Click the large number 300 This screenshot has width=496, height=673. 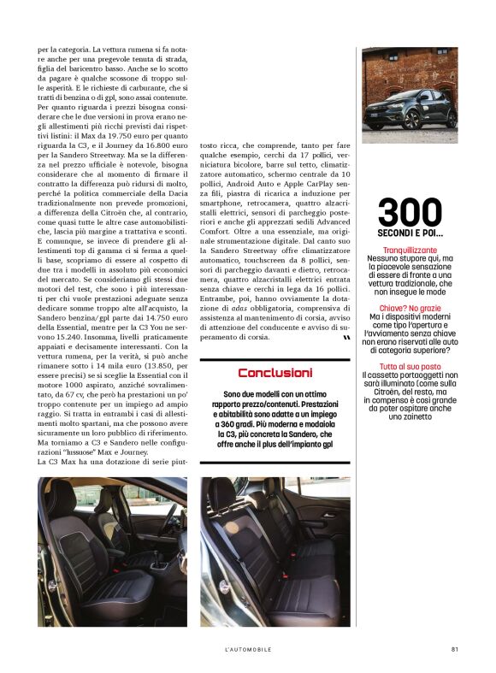410,212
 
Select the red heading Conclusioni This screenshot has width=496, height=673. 275,373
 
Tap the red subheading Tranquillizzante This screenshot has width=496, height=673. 409,249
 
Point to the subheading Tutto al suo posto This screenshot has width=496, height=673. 410,366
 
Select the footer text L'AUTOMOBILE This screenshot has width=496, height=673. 248,649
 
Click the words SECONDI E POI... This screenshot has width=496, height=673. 410,233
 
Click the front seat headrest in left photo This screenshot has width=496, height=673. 62,493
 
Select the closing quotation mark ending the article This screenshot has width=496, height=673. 345,339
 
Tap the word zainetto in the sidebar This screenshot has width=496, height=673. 409,416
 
